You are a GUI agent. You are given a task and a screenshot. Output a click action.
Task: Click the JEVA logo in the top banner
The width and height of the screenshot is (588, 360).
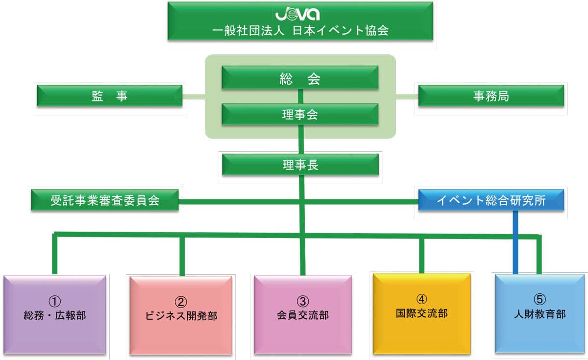(x=299, y=13)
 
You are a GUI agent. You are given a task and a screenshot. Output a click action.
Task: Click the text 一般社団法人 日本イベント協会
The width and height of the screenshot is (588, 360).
(x=300, y=30)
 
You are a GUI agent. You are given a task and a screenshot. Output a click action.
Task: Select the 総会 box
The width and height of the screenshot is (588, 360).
(x=300, y=78)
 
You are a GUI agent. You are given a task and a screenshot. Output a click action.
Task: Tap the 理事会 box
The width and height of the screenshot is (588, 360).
(x=300, y=114)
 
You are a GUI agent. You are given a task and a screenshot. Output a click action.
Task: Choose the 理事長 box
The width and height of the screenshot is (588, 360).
(x=300, y=165)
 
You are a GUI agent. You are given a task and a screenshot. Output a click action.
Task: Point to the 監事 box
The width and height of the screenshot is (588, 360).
(x=109, y=96)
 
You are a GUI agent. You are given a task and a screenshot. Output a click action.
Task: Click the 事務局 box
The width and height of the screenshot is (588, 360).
(x=490, y=96)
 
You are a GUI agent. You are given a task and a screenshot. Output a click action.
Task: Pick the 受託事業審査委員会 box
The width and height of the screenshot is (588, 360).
(x=104, y=200)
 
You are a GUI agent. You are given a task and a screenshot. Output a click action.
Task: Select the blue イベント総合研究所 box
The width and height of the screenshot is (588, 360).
(x=490, y=200)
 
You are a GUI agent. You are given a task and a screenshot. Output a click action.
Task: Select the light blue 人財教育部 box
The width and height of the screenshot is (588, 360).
(x=539, y=313)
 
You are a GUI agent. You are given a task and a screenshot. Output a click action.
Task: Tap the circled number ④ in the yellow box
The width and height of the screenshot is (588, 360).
(x=421, y=298)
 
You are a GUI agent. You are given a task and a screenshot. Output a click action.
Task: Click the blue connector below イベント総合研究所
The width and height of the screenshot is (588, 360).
(x=515, y=242)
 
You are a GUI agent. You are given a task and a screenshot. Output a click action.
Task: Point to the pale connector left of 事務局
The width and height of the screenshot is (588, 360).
(x=407, y=96)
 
